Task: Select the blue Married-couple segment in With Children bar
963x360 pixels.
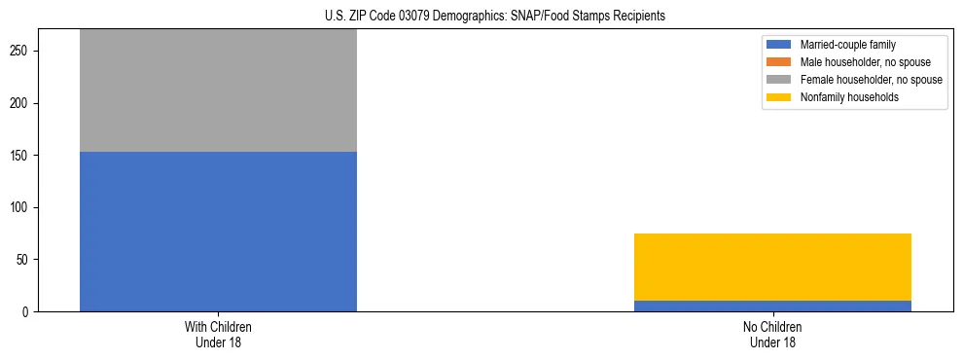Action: tap(218, 232)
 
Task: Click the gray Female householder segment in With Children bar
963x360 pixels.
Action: tap(218, 90)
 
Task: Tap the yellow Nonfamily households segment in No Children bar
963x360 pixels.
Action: tap(772, 267)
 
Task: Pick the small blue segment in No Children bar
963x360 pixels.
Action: tap(772, 306)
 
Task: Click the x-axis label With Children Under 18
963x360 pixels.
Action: tap(218, 335)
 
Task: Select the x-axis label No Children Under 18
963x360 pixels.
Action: tap(772, 335)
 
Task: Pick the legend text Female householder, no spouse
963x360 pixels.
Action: tap(871, 80)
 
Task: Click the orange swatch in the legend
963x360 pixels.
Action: tap(779, 62)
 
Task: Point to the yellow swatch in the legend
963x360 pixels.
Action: tap(779, 97)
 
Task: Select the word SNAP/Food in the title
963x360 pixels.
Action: tap(538, 17)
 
